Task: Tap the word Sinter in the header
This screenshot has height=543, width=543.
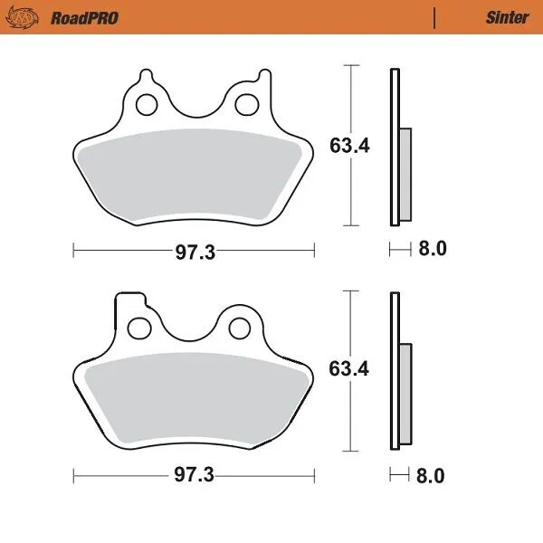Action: pyautogui.click(x=509, y=17)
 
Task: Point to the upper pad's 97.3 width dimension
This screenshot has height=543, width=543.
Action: pyautogui.click(x=195, y=252)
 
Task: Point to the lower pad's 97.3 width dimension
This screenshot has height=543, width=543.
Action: pyautogui.click(x=195, y=475)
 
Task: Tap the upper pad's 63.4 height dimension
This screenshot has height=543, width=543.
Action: pyautogui.click(x=348, y=145)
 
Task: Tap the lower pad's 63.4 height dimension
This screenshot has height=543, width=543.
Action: pyautogui.click(x=348, y=369)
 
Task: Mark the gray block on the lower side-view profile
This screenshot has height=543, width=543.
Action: pyautogui.click(x=405, y=396)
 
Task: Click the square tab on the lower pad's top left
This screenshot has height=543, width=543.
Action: pyautogui.click(x=127, y=302)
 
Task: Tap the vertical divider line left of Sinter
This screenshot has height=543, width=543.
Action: pyautogui.click(x=435, y=17)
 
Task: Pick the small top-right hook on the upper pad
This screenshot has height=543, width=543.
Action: pyautogui.click(x=263, y=77)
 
